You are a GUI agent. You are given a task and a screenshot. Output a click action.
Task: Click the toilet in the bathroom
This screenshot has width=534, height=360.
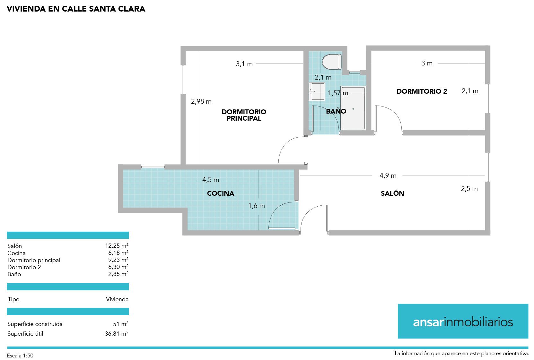[332, 62]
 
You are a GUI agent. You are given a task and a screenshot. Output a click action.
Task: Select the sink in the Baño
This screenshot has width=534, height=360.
[317, 92]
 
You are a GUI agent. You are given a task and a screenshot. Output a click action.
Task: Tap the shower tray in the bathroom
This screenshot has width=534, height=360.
[353, 108]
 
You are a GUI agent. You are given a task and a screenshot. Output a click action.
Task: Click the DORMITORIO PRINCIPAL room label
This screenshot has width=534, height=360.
[244, 115]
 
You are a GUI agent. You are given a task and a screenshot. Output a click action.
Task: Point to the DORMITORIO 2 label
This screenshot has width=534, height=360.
[422, 91]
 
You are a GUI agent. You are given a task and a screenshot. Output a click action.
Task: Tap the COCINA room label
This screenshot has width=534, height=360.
[221, 193]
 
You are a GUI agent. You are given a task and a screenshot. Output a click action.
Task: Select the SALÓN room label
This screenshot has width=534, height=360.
[392, 193]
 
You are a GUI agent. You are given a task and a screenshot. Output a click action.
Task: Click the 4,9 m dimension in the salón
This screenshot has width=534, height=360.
[388, 176]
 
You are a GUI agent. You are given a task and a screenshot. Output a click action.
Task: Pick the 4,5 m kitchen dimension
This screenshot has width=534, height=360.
[211, 180]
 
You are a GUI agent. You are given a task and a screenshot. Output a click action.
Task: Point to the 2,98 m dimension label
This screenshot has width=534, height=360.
[201, 101]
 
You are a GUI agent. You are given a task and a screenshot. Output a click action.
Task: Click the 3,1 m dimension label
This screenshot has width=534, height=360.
[244, 64]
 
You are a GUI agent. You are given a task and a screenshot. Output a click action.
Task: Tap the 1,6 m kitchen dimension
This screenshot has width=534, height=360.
[257, 206]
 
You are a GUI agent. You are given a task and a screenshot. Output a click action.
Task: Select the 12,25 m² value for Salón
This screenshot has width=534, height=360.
[117, 246]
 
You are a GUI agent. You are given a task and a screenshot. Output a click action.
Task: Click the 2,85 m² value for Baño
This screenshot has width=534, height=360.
[118, 274]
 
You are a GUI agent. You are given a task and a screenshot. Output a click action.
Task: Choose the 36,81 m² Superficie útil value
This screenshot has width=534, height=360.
[117, 334]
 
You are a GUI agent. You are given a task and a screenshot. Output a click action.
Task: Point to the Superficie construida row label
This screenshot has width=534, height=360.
[35, 324]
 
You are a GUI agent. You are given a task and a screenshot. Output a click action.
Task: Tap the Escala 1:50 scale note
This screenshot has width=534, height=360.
[20, 356]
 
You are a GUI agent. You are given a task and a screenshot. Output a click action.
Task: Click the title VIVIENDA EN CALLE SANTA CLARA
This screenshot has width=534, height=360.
[76, 9]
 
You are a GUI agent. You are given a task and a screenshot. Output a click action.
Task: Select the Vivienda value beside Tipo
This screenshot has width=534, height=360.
[117, 299]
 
